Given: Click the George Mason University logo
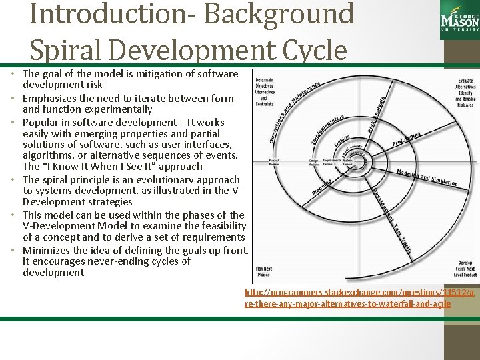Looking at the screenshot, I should pyautogui.click(x=459, y=18).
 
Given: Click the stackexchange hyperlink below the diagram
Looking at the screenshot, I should pyautogui.click(x=359, y=298).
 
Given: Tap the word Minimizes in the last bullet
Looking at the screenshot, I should pyautogui.click(x=47, y=251).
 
